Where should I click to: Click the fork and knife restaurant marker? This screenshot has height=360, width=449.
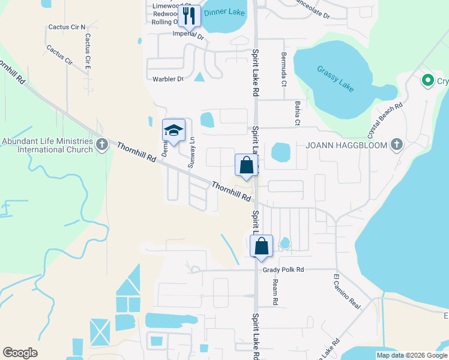pos(190,16)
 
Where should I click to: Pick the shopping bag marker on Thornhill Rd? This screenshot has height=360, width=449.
pos(246,165)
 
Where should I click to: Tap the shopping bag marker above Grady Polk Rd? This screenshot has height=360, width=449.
pos(261,246)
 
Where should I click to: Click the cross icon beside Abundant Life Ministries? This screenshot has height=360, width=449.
pos(102,145)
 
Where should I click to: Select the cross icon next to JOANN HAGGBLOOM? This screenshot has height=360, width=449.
pos(396,145)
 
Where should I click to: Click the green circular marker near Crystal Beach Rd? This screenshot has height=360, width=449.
pos(428,80)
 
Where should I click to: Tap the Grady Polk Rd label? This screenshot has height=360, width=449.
pos(283,270)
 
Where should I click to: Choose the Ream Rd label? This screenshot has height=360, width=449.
pos(276,290)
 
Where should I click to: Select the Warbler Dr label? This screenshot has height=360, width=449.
pos(167,79)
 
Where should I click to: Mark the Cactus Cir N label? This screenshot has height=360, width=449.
pos(67,27)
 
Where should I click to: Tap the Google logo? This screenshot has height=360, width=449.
pos(20,353)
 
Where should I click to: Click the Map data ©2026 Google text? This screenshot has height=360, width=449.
pos(412,355)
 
